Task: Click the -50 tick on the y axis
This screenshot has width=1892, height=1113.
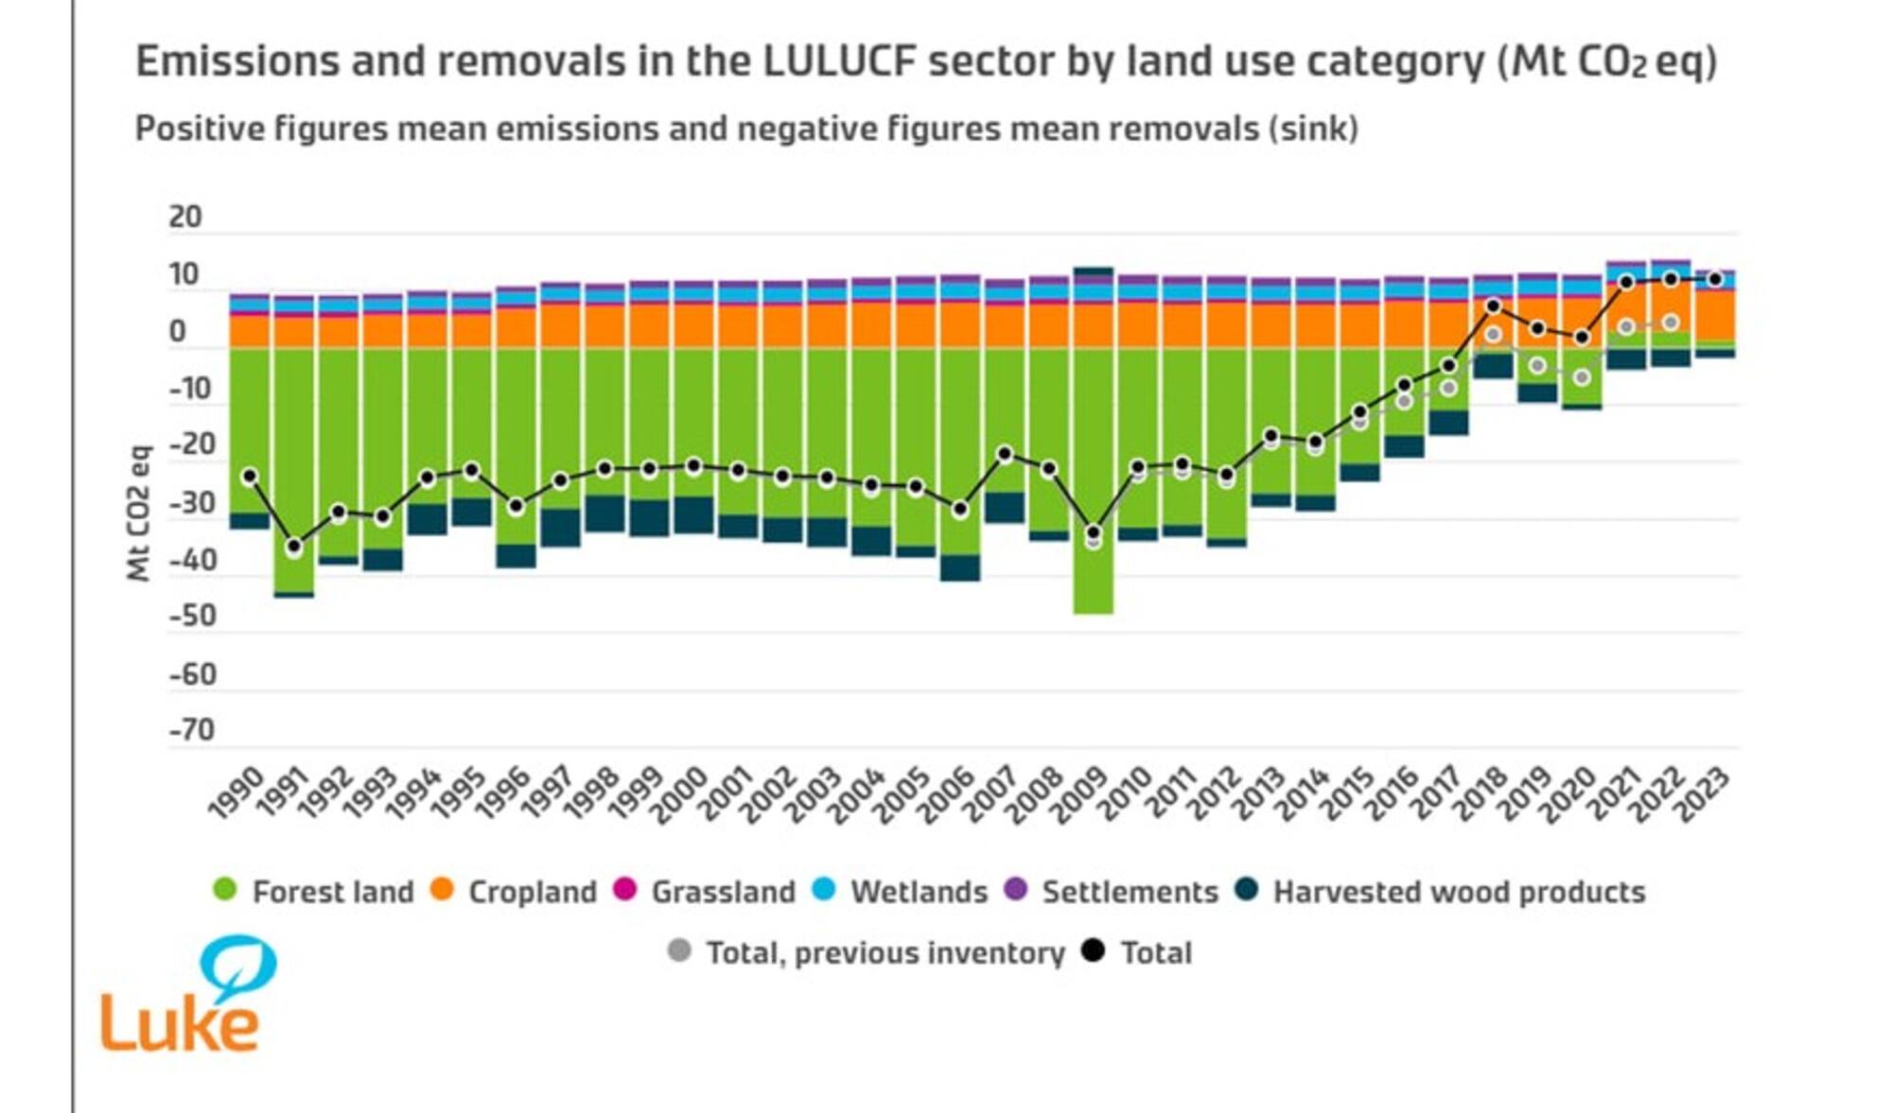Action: pos(193,617)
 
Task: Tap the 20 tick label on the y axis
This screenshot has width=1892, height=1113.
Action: pos(185,217)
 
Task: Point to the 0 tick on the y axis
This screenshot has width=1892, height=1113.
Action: pos(178,332)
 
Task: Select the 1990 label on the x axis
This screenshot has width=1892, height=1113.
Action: pos(235,792)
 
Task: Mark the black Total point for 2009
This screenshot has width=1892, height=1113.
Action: pos(1094,532)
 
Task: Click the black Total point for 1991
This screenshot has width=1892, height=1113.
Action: pos(294,546)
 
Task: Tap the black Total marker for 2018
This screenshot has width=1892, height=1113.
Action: pos(1493,306)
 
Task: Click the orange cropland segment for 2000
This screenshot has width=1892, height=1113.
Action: pos(693,325)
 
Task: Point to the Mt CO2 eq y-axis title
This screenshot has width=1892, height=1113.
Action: pos(139,513)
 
